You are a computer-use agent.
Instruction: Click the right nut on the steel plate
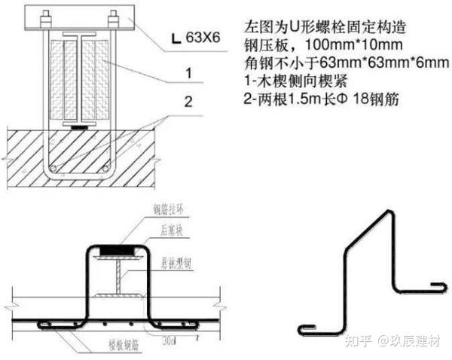[113, 16]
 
